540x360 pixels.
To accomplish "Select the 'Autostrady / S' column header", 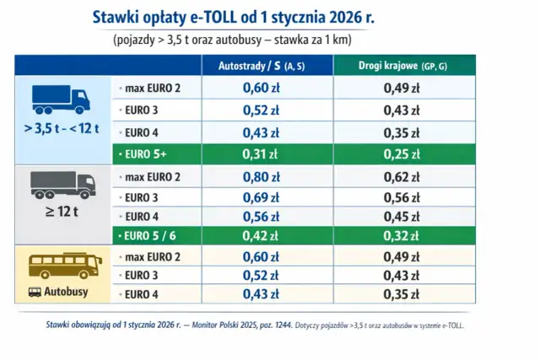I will tap(262, 65).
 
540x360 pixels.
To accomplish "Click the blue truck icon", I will tap(61, 99).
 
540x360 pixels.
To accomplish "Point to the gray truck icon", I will tap(61, 184).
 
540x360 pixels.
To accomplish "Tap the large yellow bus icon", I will tap(61, 265).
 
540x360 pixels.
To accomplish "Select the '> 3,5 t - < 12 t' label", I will tap(61, 129).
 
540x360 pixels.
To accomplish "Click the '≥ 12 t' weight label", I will tap(61, 214).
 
